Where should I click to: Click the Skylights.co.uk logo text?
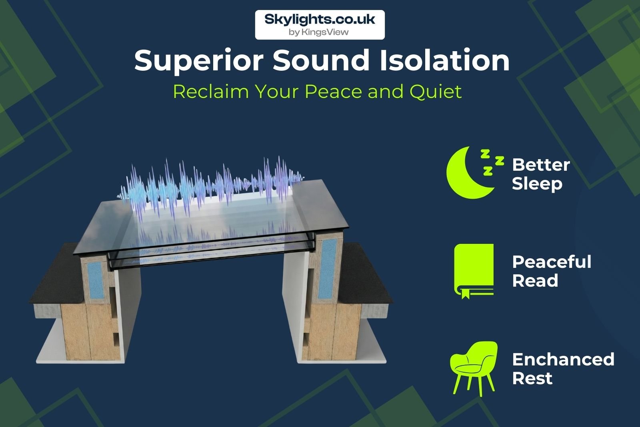pos(320,20)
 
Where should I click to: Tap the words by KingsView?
pos(318,32)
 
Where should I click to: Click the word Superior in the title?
pos(198,61)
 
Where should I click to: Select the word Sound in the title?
pos(322,60)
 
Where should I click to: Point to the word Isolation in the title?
pos(444,60)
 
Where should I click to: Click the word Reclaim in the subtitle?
pos(211,92)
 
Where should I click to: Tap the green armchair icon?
pos(474,368)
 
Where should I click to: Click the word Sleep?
pos(537,184)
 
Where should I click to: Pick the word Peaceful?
pos(552,262)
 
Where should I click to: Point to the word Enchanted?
pos(563,359)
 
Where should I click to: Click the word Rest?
pos(532,379)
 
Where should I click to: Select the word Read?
pos(535,281)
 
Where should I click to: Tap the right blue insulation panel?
pos(328,269)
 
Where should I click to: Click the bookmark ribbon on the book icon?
pos(466,293)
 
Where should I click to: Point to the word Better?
pos(541,165)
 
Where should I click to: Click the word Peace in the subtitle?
pos(334,92)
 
